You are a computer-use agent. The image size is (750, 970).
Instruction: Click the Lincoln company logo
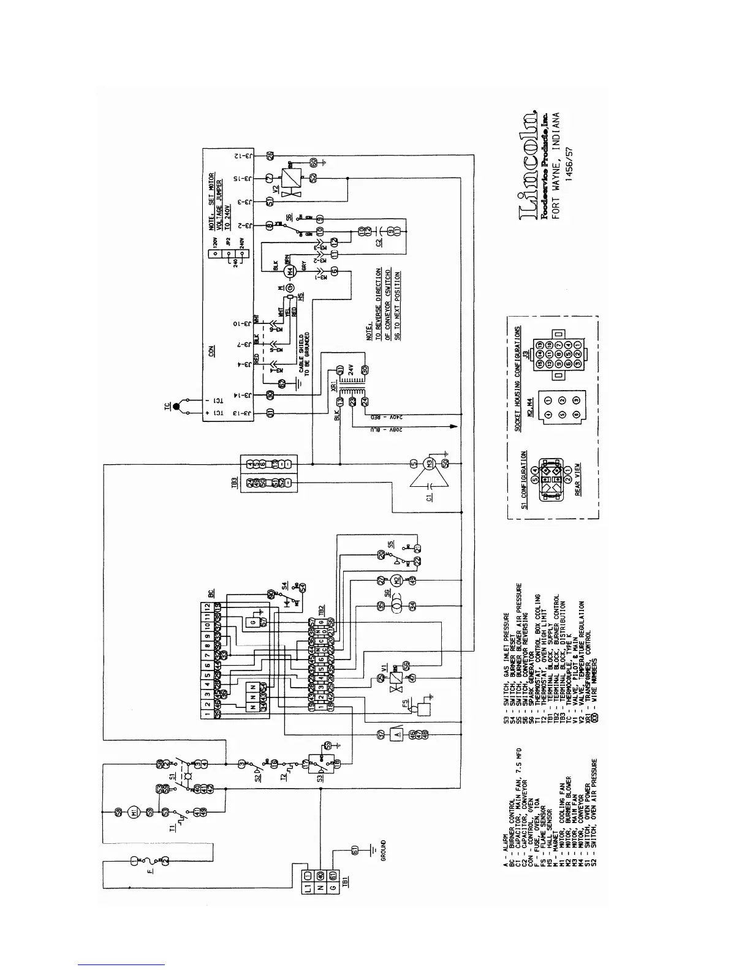[x=529, y=165]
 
